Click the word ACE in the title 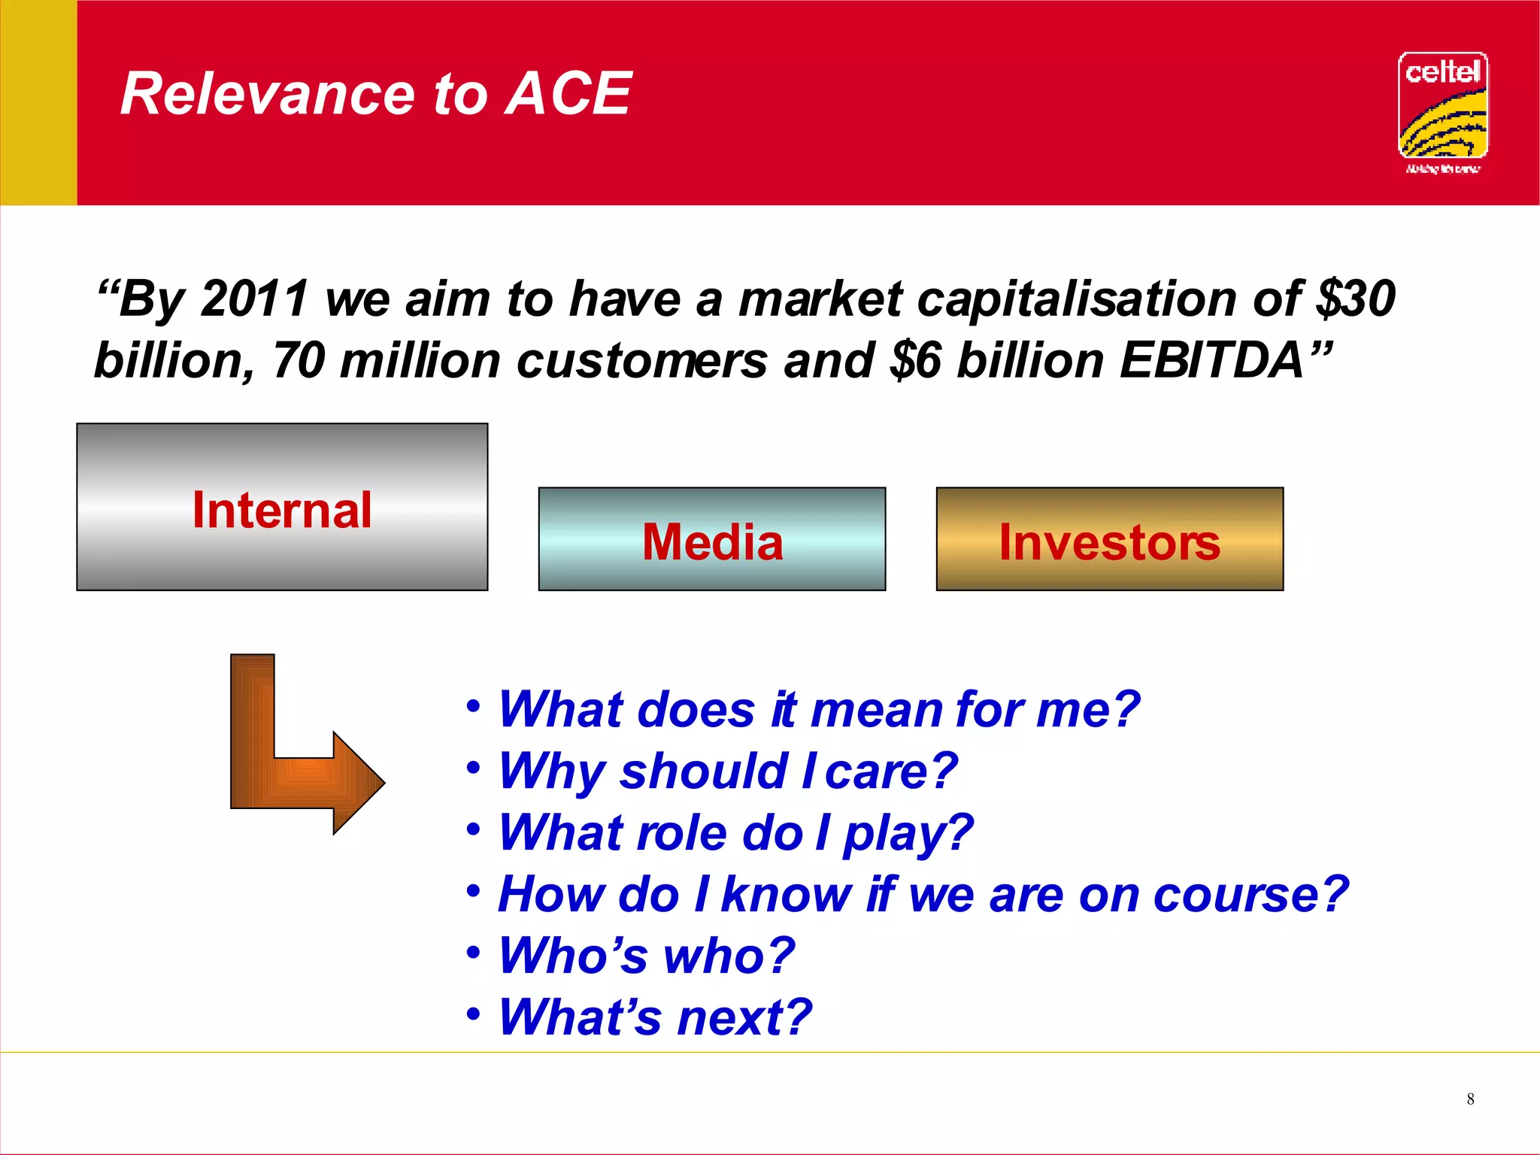pyautogui.click(x=568, y=94)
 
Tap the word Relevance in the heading pyautogui.click(x=268, y=94)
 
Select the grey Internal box pyautogui.click(x=282, y=508)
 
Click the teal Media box pyautogui.click(x=711, y=539)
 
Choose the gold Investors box pyautogui.click(x=1109, y=539)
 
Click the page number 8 pyautogui.click(x=1470, y=1099)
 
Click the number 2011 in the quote pyautogui.click(x=254, y=299)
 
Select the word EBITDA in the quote pyautogui.click(x=1211, y=361)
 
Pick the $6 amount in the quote pyautogui.click(x=914, y=361)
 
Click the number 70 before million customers pyautogui.click(x=299, y=361)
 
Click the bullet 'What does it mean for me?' pyautogui.click(x=818, y=710)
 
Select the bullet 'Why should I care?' pyautogui.click(x=727, y=772)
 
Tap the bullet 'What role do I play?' pyautogui.click(x=735, y=833)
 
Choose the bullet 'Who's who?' pyautogui.click(x=646, y=956)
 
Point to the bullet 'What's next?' pyautogui.click(x=654, y=1017)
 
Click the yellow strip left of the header pyautogui.click(x=38, y=102)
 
